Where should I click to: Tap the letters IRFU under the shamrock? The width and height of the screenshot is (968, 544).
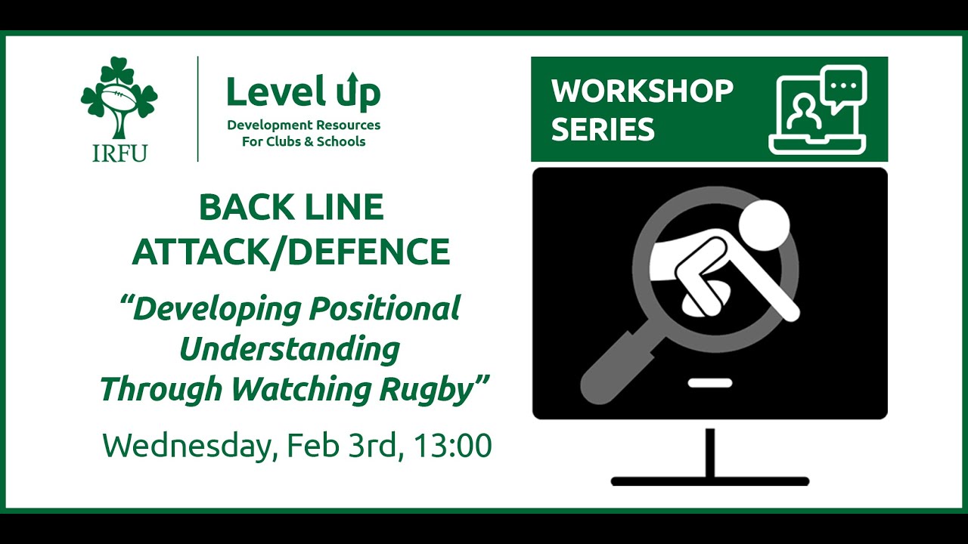pos(119,152)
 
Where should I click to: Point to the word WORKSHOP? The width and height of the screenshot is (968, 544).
pos(642,91)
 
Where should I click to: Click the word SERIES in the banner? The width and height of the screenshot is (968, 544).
pos(602,130)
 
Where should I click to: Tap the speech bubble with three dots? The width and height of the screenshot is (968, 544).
pos(844,88)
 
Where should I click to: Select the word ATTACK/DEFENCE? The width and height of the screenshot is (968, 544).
pos(291,252)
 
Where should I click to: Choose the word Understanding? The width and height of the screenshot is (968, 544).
pos(290,349)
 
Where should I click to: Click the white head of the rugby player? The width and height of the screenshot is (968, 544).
pos(764,224)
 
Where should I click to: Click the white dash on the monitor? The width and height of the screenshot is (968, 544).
pos(709,383)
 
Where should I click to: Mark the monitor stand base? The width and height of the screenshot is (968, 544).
pos(709,481)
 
